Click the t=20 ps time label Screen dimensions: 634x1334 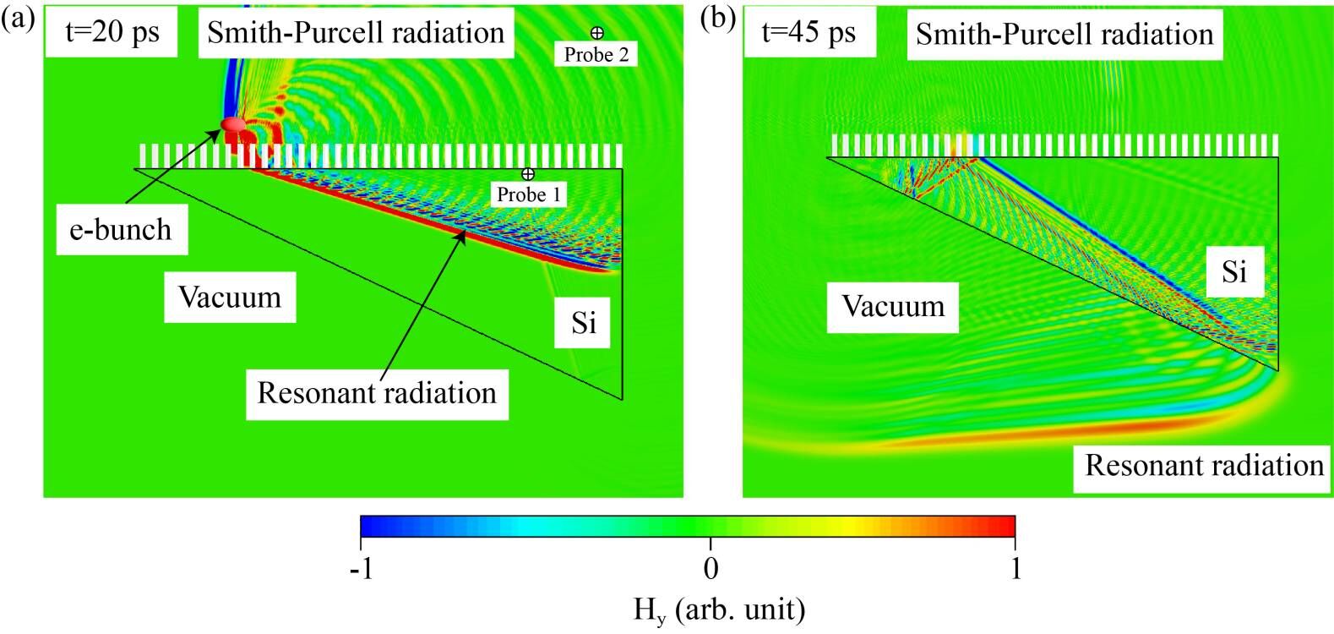[x=112, y=32]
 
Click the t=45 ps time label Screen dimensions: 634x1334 [x=809, y=32]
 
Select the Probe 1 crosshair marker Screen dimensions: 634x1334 [x=528, y=174]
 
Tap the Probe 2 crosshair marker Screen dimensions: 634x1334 [x=596, y=33]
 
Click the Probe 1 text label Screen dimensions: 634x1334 [x=528, y=194]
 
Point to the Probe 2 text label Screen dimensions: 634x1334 [x=596, y=54]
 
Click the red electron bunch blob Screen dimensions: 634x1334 [x=233, y=125]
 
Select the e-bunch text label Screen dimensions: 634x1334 [x=121, y=229]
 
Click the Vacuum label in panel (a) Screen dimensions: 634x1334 [x=230, y=297]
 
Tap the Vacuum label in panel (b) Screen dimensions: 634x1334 [x=893, y=306]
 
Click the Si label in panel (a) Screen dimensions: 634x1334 [x=584, y=322]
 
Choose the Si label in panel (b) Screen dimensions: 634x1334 [x=1234, y=271]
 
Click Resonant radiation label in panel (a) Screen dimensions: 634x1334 [x=377, y=393]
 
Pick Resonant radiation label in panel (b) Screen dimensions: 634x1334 [x=1204, y=465]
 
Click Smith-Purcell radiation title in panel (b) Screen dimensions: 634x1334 [x=1064, y=34]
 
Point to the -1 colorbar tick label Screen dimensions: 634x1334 [x=361, y=568]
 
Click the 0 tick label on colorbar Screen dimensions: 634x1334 [x=711, y=568]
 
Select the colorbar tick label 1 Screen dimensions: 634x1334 [x=1015, y=568]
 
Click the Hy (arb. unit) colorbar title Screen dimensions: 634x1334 [x=719, y=609]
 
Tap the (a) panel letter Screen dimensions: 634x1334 [x=18, y=19]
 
